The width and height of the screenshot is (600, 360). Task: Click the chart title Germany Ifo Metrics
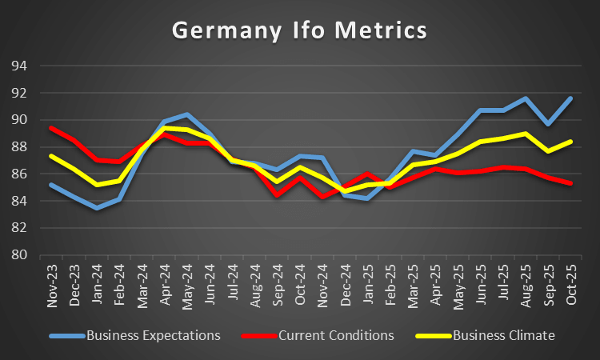tap(300, 30)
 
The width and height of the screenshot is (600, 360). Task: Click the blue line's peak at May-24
tap(186, 114)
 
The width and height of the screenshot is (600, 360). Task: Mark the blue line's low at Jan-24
tap(96, 208)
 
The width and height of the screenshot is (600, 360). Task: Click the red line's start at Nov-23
tap(51, 128)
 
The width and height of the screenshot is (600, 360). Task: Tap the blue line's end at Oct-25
tap(570, 98)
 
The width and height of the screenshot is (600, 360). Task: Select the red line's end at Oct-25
tap(570, 183)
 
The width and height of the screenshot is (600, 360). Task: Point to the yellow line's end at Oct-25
tap(570, 142)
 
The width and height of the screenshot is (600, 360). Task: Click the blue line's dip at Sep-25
tap(548, 124)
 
